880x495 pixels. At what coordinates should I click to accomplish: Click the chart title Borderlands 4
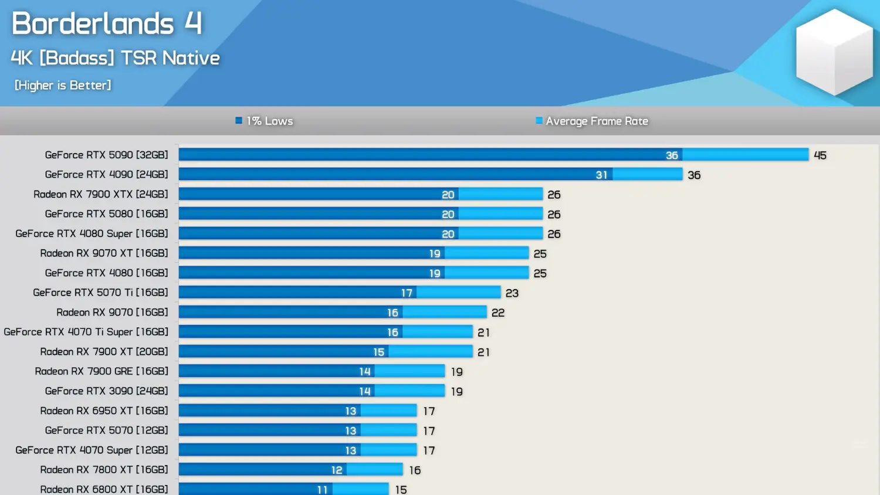pos(107,24)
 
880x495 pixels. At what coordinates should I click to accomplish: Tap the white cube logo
pos(834,52)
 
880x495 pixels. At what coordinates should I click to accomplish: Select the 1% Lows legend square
pos(239,121)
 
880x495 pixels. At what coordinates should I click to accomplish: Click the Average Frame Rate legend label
pos(597,121)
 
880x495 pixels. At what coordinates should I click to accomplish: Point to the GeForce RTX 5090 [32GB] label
pos(106,155)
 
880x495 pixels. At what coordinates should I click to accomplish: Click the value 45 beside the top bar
pos(820,155)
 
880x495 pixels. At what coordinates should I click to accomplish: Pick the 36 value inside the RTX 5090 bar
pos(672,155)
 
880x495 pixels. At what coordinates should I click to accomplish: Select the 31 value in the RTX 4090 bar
pos(601,175)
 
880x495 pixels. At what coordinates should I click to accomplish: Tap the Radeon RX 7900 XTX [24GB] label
pos(100,194)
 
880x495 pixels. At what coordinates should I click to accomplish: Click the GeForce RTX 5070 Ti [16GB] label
pos(100,292)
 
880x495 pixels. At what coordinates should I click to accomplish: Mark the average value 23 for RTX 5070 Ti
pos(512,293)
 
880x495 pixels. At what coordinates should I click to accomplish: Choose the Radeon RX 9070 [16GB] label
pos(112,312)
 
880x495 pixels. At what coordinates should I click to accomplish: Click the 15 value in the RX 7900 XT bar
pos(378,352)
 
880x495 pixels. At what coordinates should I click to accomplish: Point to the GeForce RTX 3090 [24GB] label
pos(106,391)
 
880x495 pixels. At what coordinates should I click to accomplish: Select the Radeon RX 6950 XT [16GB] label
pos(104,411)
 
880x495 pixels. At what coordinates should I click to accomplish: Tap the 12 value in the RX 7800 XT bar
pos(336,470)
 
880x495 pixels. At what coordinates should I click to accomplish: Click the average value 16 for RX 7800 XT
pos(415,470)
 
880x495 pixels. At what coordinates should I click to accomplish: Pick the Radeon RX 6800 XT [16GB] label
pos(104,489)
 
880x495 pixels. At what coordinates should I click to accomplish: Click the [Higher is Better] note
pos(63,86)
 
